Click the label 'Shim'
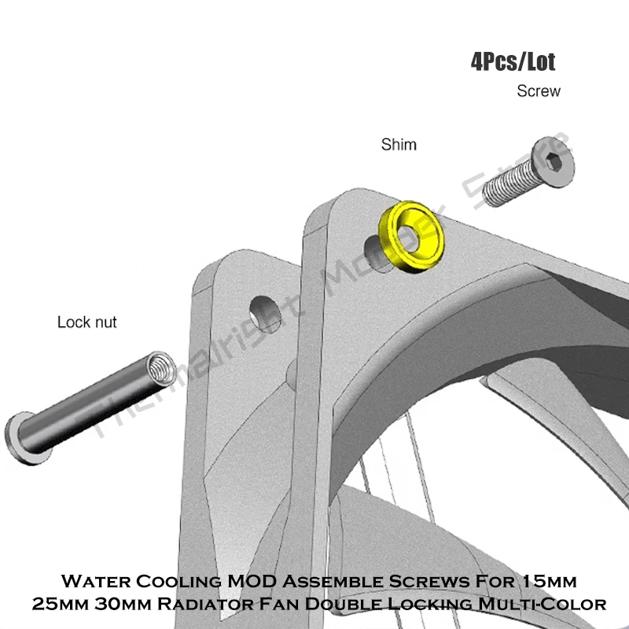[x=399, y=145]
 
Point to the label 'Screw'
[x=539, y=91]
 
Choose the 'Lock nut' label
[x=87, y=322]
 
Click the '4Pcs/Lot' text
[x=513, y=62]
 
